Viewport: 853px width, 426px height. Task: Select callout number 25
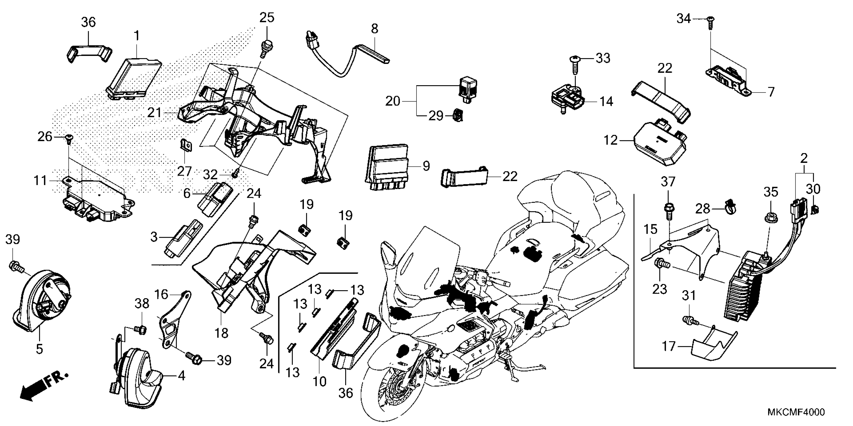[266, 18]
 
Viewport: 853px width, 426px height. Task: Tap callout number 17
[668, 347]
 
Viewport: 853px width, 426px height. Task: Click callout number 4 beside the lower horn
[181, 376]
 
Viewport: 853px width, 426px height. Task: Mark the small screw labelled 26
[69, 139]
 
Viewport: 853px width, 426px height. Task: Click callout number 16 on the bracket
[162, 294]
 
